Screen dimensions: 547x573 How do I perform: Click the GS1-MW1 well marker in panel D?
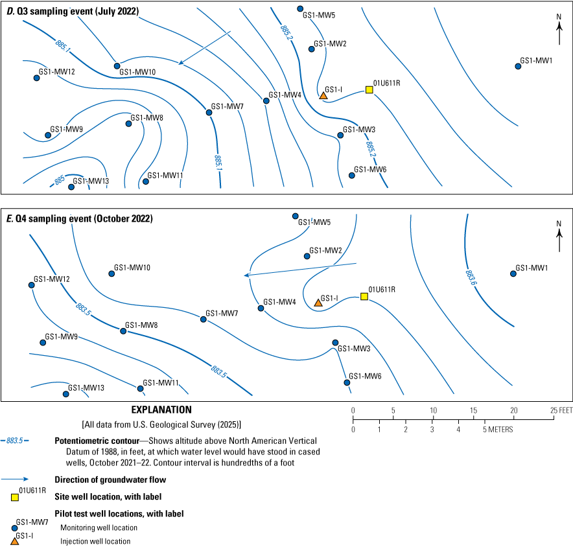(519, 66)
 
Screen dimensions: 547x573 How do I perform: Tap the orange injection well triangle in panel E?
(318, 302)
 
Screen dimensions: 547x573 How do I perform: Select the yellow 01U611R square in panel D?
(369, 89)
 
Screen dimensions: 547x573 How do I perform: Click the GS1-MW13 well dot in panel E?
(66, 394)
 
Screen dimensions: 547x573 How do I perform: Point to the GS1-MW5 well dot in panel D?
(300, 8)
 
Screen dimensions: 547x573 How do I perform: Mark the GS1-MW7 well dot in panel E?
(204, 319)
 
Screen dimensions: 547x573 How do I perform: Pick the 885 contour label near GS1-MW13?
(60, 181)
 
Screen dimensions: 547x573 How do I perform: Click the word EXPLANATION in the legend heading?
(161, 410)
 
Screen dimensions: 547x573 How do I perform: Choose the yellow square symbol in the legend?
(14, 497)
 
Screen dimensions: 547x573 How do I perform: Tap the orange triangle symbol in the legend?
(14, 541)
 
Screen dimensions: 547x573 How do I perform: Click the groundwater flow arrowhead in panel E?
(246, 276)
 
